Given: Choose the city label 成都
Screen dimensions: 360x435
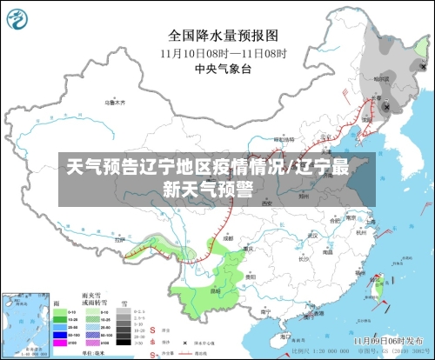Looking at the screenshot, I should click(x=228, y=237).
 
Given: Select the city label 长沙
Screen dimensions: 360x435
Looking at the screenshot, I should click(x=302, y=258).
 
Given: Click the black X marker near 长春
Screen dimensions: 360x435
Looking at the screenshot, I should click(x=385, y=105).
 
